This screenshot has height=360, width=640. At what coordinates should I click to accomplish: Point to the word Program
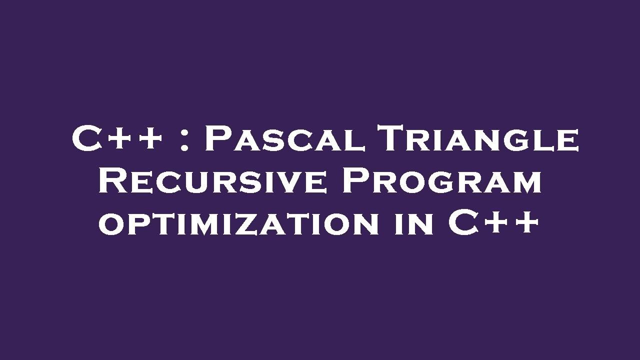(x=442, y=181)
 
